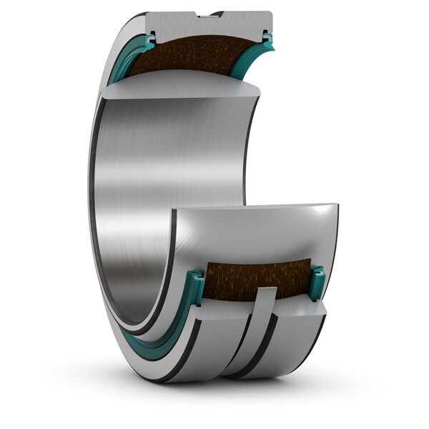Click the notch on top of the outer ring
coord(209,14)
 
